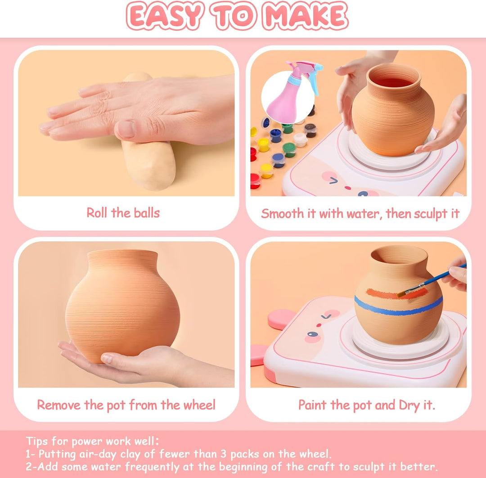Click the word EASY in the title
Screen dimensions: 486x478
point(164,15)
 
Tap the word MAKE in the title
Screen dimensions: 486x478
point(305,16)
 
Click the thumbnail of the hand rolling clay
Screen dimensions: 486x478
point(126,123)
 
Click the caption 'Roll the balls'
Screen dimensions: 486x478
point(123,213)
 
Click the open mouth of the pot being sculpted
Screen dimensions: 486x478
point(394,80)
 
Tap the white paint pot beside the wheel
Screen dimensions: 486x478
point(300,139)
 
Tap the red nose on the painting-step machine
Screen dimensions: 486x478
point(319,325)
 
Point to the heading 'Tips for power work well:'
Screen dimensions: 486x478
point(92,441)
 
